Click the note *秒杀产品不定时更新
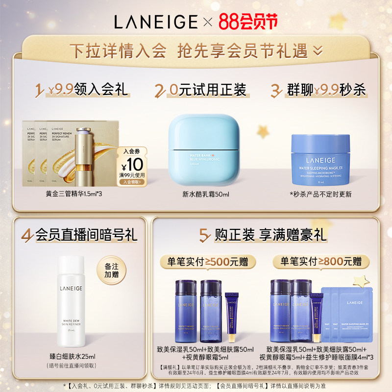point(320,195)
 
